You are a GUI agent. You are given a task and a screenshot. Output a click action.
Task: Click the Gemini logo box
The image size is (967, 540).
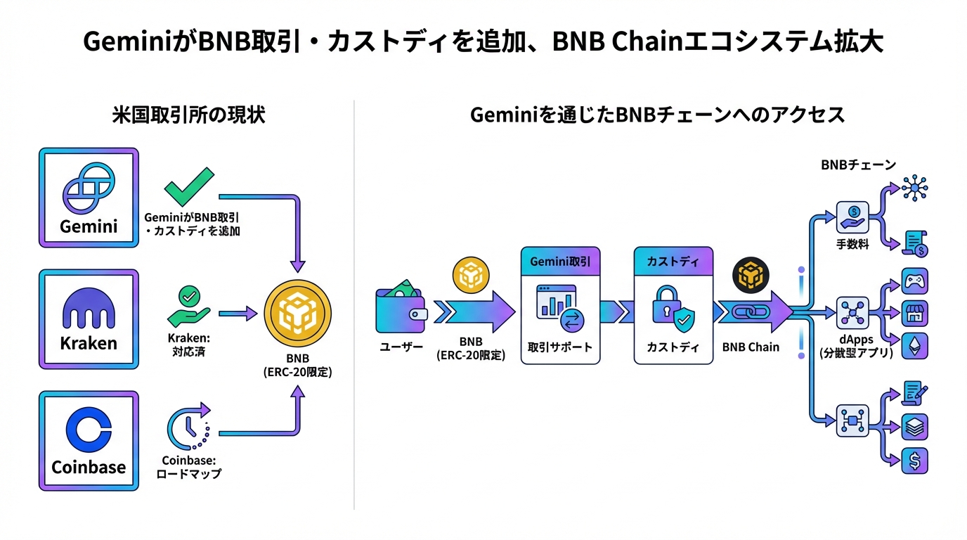(89, 198)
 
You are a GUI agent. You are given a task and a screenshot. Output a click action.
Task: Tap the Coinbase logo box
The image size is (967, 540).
(89, 440)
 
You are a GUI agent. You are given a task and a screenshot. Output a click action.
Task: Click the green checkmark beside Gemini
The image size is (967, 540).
(188, 186)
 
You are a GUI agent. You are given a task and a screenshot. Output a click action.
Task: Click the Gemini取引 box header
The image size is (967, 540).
(560, 262)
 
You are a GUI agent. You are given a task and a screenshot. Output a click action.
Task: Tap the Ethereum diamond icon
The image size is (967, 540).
(914, 345)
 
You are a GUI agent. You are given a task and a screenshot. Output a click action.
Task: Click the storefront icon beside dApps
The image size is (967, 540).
(914, 314)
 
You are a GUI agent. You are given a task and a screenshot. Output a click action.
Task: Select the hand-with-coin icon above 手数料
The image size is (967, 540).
(852, 217)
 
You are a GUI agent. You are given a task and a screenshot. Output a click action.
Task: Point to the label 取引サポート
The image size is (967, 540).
(559, 347)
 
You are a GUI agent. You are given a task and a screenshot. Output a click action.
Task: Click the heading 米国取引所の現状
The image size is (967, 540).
(188, 115)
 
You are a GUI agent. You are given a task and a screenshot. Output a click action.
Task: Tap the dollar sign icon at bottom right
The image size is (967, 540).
(914, 461)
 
